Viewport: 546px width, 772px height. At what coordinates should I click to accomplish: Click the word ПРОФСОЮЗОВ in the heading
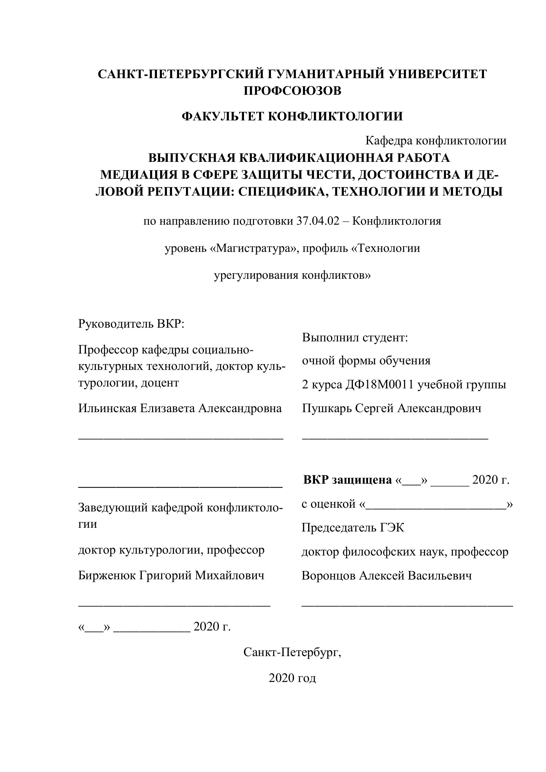[x=292, y=91]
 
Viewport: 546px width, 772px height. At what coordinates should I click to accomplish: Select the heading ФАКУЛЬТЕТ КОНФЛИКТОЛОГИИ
[x=292, y=117]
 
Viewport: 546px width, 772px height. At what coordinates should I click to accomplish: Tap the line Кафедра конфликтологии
[x=436, y=140]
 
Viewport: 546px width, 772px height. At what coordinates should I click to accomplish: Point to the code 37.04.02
[x=318, y=221]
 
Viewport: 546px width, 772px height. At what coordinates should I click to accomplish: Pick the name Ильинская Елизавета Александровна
[x=180, y=408]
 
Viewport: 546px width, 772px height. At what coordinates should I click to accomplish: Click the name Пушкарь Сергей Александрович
[x=391, y=408]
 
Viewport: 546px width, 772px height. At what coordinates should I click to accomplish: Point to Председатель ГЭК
[x=353, y=528]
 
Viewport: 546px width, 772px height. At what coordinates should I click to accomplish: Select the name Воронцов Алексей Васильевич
[x=387, y=575]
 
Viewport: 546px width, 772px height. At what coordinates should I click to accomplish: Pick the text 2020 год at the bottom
[x=292, y=678]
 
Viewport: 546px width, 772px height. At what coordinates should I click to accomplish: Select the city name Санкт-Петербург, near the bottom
[x=292, y=652]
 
